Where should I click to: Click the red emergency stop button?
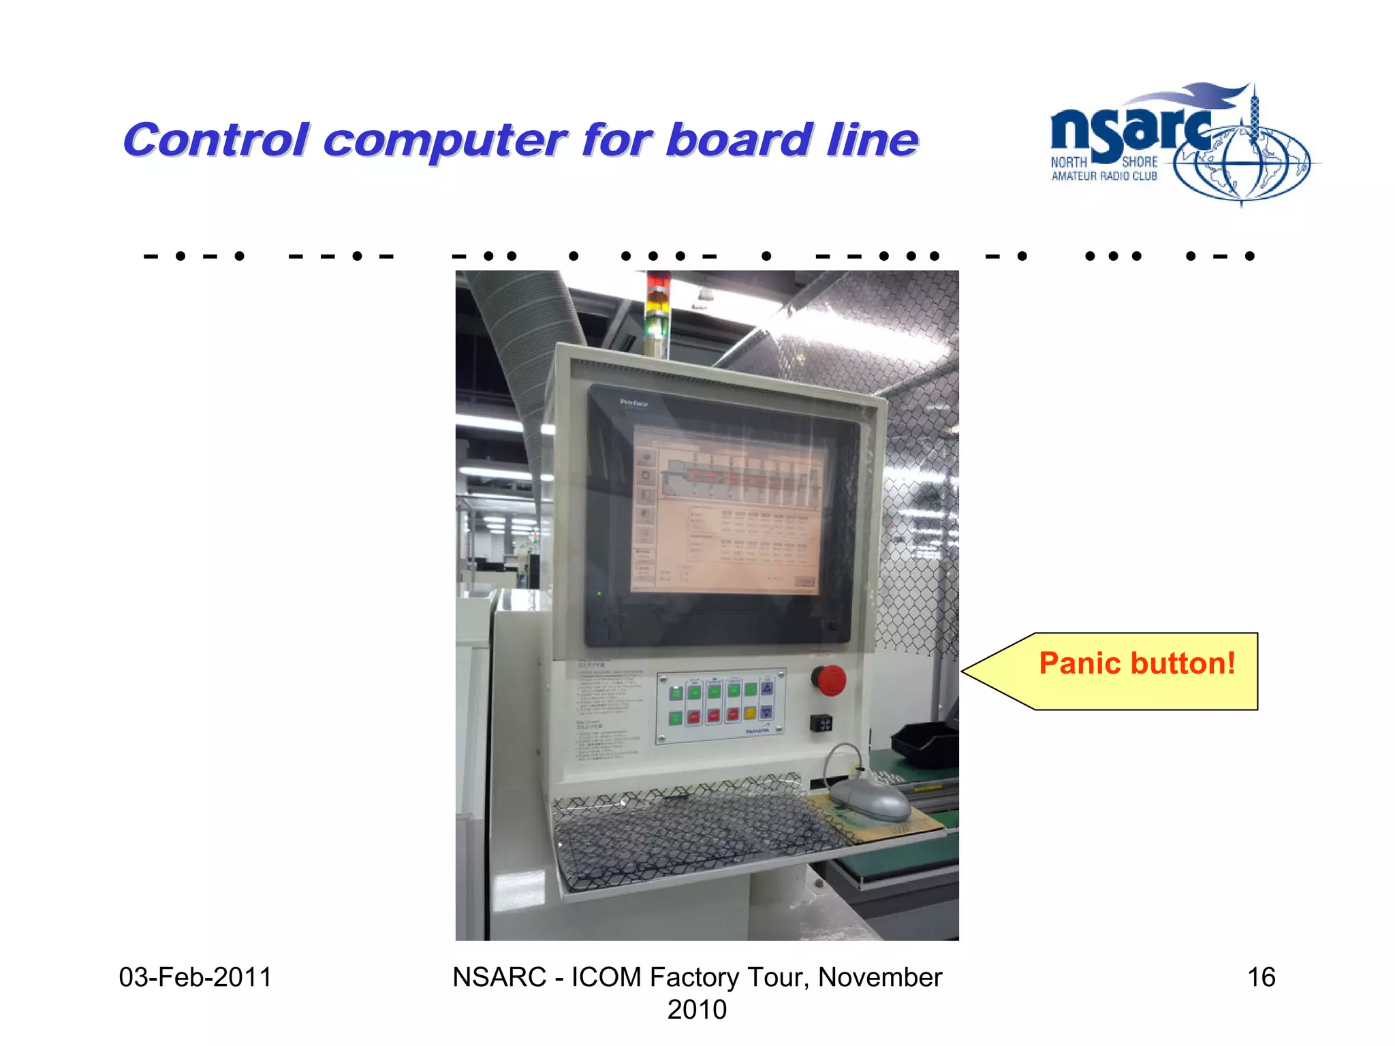pos(830,680)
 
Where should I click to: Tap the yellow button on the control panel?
pos(749,713)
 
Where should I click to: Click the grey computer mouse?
pos(871,799)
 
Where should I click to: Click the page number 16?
pos(1261,977)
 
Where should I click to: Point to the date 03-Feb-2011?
pos(195,977)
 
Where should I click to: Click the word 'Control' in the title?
pos(215,140)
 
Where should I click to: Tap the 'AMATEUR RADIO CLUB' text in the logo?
pos(1103,176)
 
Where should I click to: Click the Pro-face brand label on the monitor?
pos(633,403)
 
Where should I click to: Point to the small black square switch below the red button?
pos(821,723)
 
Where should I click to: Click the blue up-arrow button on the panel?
pos(767,689)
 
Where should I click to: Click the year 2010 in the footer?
pos(696,1010)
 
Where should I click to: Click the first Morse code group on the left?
pos(193,257)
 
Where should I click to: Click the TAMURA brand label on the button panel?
pos(757,731)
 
